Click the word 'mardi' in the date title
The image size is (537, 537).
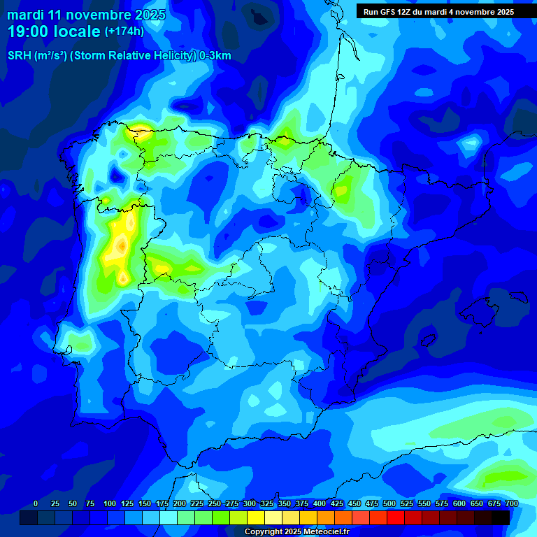coord(24,15)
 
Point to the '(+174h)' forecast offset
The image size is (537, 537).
coord(124,31)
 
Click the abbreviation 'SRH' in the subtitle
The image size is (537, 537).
coord(19,56)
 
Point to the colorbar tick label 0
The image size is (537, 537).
coord(36,503)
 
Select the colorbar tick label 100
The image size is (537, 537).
coord(110,503)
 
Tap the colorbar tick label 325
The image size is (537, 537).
coord(267,503)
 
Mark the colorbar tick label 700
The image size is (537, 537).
coord(512,503)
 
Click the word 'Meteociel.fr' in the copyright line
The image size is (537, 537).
coord(326,532)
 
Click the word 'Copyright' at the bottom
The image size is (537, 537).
coord(264,532)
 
